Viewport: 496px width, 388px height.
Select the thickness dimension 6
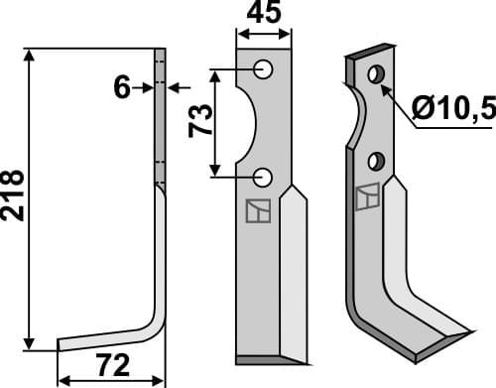[x=122, y=87]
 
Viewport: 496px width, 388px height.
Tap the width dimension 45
[x=263, y=13]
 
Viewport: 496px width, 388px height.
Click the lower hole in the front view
[x=263, y=177]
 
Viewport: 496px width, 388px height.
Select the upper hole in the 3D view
[x=375, y=74]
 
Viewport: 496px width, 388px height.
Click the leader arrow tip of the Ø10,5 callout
[x=384, y=87]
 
